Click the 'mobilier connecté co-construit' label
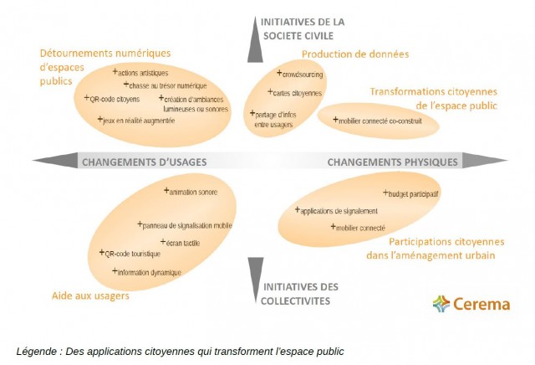tap(380, 121)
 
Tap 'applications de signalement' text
tap(339, 211)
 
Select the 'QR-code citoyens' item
tap(115, 99)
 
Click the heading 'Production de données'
tap(355, 54)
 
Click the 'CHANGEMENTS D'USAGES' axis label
tap(144, 161)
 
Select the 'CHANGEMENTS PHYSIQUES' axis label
tap(392, 161)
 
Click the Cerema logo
tap(471, 303)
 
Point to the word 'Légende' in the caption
tap(37, 351)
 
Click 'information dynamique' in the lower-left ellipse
tap(149, 272)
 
